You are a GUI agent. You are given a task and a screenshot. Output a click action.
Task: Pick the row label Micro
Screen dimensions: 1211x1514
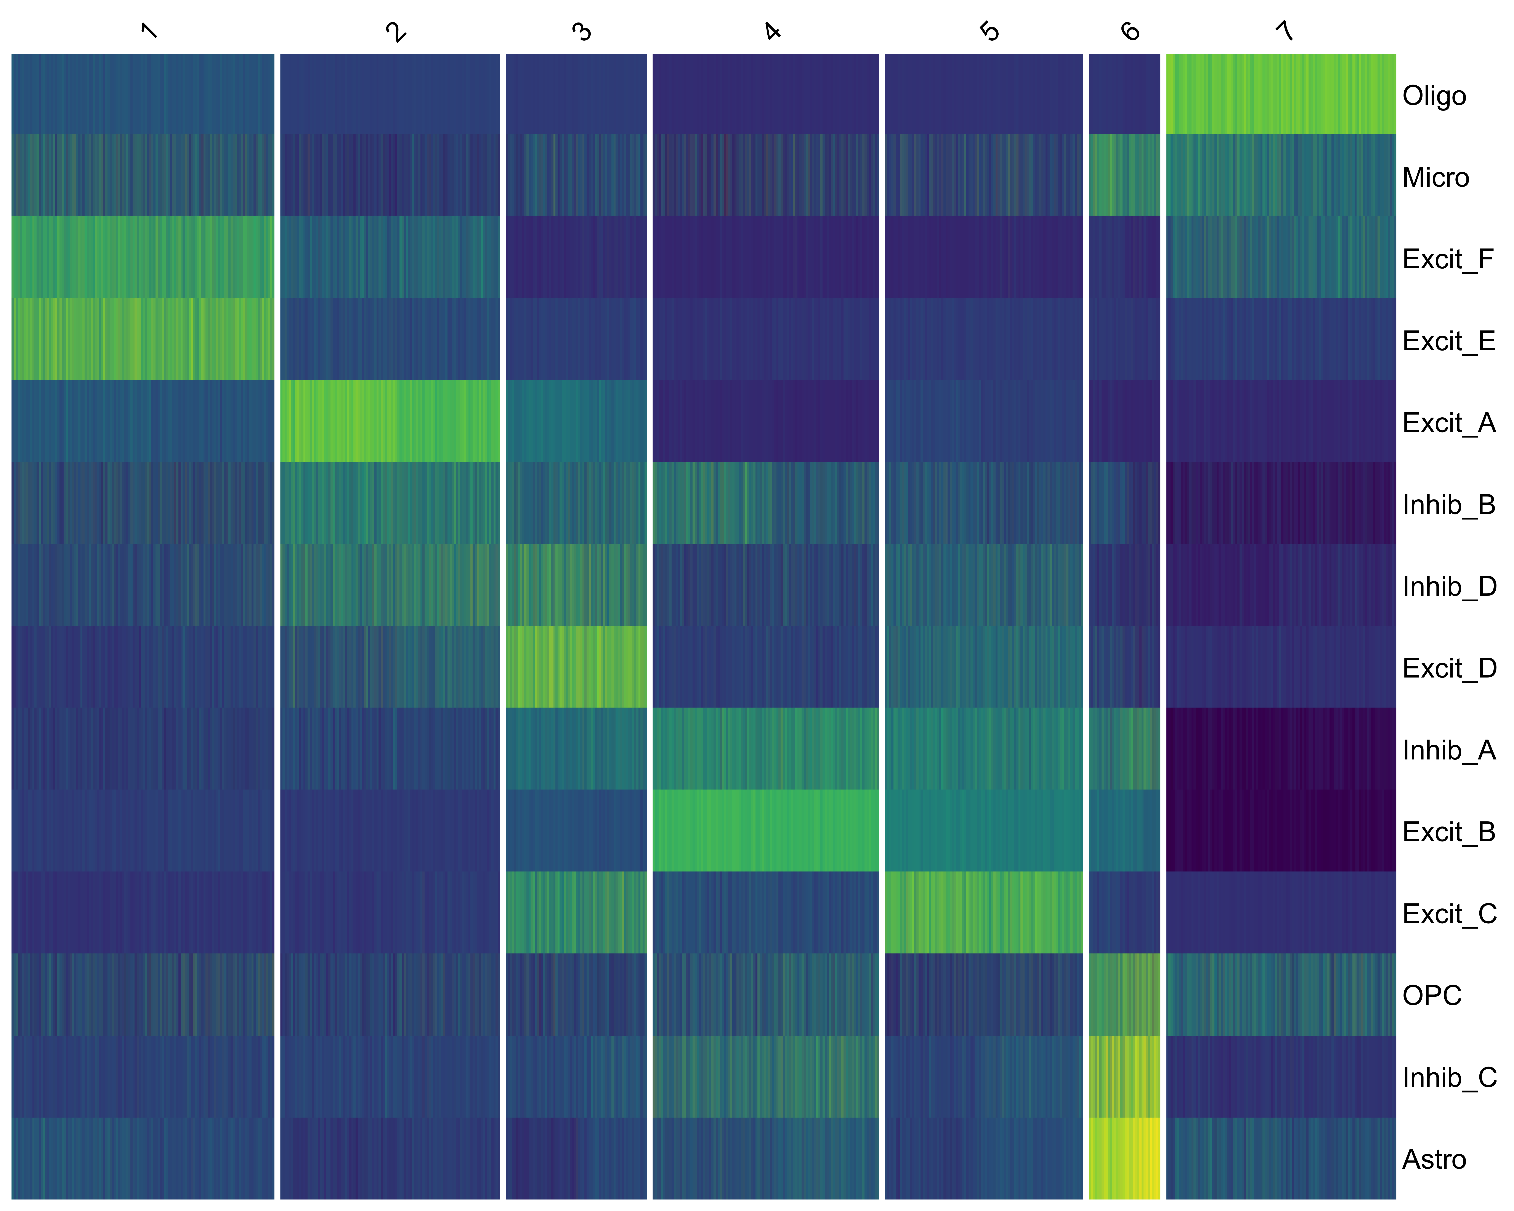(x=1435, y=178)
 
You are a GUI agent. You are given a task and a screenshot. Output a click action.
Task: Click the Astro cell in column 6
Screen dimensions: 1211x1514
(x=1124, y=1158)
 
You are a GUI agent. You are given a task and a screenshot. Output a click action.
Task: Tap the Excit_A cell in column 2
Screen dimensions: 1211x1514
(x=390, y=421)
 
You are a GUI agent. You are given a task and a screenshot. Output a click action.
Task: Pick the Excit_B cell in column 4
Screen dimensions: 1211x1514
(x=765, y=830)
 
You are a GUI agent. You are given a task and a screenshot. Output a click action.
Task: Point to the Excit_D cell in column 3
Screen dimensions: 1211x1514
(x=576, y=666)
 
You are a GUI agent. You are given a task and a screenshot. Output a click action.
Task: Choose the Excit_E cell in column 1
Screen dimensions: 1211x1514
(x=143, y=338)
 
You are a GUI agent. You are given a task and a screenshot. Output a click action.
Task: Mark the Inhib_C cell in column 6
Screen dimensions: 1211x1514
(x=1124, y=1076)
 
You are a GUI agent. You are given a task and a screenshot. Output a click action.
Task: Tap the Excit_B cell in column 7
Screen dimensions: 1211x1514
(x=1281, y=830)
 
